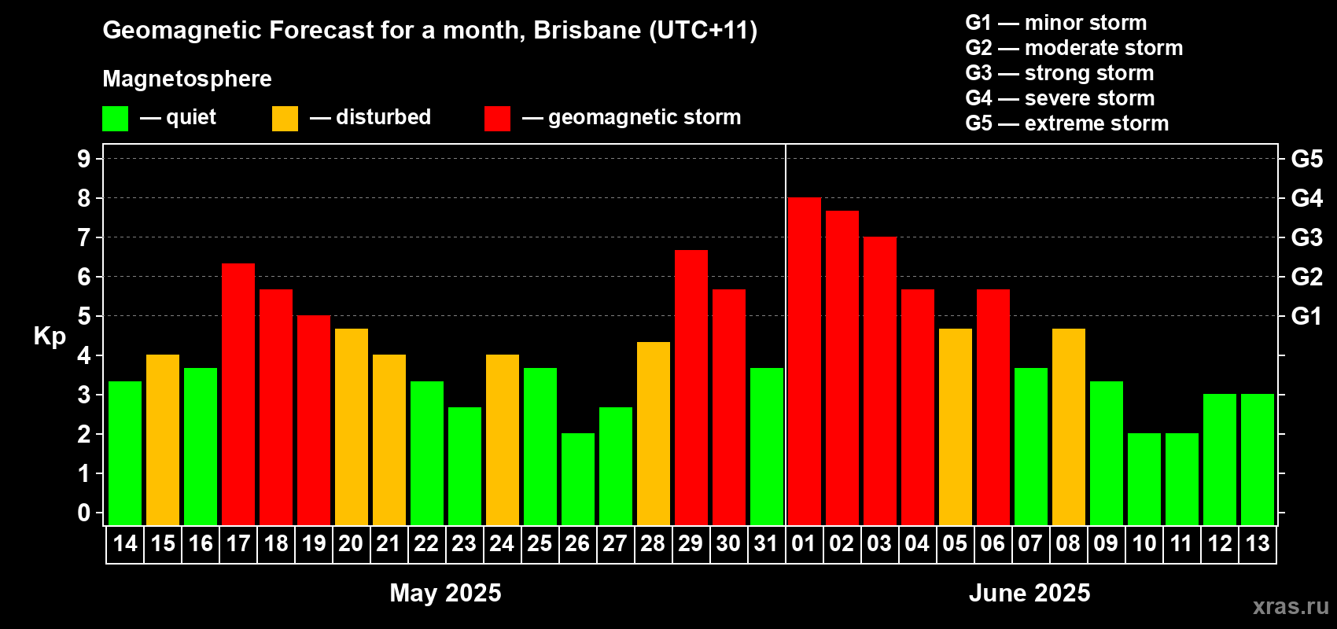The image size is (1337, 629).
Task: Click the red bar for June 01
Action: click(804, 361)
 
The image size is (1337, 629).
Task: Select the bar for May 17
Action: click(238, 395)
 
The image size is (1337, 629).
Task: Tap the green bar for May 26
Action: click(578, 479)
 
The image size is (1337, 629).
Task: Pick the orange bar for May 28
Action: click(654, 434)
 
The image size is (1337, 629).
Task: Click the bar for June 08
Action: click(1069, 427)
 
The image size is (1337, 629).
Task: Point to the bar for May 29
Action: click(691, 388)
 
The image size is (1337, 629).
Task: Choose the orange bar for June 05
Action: click(956, 427)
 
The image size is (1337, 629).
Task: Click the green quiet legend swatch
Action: click(115, 118)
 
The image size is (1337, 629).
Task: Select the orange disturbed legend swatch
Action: click(285, 118)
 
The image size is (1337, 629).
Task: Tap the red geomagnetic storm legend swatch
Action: click(498, 118)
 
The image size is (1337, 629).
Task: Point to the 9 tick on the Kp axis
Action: click(83, 159)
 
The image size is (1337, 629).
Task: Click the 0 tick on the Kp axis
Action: click(83, 513)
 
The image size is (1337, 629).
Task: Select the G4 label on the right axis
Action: click(1307, 198)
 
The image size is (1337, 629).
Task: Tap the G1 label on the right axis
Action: click(1307, 316)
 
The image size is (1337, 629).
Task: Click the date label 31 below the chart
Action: click(766, 543)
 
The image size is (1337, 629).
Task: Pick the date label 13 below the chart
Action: click(1258, 543)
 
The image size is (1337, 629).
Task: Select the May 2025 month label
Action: click(445, 593)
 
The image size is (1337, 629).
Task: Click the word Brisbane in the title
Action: click(587, 30)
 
